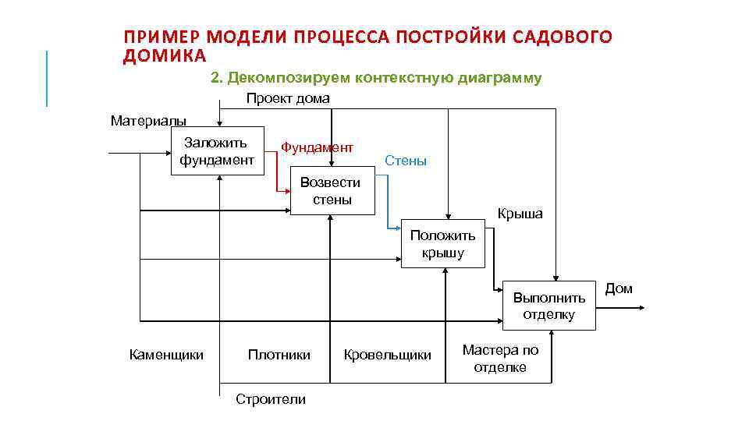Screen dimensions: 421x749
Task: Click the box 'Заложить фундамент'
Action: pyautogui.click(x=218, y=151)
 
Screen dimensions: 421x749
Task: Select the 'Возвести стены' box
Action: pyautogui.click(x=332, y=191)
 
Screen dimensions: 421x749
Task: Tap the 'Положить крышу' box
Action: pyautogui.click(x=443, y=244)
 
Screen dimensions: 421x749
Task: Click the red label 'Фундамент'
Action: pyautogui.click(x=317, y=147)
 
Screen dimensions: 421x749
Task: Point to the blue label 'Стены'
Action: pyautogui.click(x=406, y=161)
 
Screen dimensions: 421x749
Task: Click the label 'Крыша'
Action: pyautogui.click(x=520, y=214)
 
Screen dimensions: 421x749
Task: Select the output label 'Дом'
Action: pyautogui.click(x=619, y=288)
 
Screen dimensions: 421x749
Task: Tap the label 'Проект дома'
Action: pyautogui.click(x=288, y=98)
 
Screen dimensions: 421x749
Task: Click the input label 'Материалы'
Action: pyautogui.click(x=148, y=121)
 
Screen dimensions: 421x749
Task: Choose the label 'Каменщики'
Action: pyautogui.click(x=166, y=356)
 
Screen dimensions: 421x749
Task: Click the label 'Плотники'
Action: pyautogui.click(x=279, y=356)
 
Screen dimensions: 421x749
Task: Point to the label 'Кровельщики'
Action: pyautogui.click(x=387, y=356)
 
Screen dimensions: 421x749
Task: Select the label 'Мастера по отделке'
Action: pyautogui.click(x=500, y=359)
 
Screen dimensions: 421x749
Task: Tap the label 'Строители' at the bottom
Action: pyautogui.click(x=271, y=400)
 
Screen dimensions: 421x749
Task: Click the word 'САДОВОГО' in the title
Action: pyautogui.click(x=563, y=37)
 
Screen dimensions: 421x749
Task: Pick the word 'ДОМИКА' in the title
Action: pyautogui.click(x=165, y=56)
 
